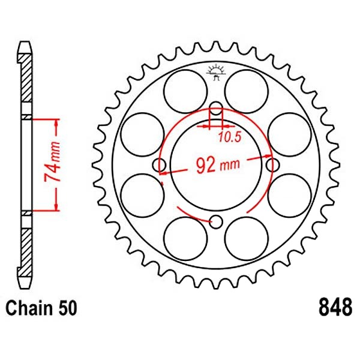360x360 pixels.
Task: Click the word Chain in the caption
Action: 28,308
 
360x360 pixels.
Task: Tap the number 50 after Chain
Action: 67,308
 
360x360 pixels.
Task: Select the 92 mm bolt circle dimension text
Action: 218,164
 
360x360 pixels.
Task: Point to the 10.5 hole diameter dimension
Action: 230,137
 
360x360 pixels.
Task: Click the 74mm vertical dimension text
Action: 52,162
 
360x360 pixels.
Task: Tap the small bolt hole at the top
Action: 216,108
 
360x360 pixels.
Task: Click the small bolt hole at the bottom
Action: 216,222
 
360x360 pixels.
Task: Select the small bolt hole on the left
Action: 160,165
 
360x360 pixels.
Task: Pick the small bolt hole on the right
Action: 273,165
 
